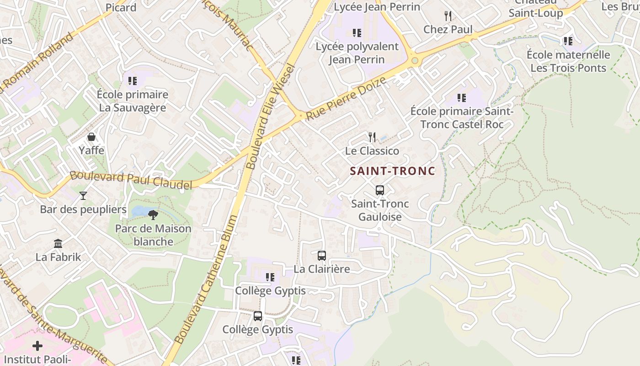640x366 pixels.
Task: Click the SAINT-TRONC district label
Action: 392,171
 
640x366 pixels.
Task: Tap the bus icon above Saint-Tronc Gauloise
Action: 379,190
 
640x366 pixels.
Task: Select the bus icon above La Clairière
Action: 322,256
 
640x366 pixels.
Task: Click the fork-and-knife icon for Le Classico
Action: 372,137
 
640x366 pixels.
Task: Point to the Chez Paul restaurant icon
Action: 448,16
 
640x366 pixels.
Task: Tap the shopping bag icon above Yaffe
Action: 91,137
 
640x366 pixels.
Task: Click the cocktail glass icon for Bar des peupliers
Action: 83,196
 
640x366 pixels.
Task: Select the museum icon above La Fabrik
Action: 58,243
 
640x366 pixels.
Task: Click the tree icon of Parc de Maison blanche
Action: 153,215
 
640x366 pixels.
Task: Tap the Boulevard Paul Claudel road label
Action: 131,180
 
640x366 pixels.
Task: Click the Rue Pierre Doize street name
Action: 346,99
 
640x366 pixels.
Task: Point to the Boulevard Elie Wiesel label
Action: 272,117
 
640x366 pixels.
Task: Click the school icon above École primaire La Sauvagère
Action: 133,81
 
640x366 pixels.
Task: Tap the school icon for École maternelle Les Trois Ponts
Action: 568,41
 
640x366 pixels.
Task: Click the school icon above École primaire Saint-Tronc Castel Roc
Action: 462,97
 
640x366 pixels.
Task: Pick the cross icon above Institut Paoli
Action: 37,345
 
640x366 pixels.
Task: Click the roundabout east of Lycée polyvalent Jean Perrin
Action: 415,60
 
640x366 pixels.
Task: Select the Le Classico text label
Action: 372,151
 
